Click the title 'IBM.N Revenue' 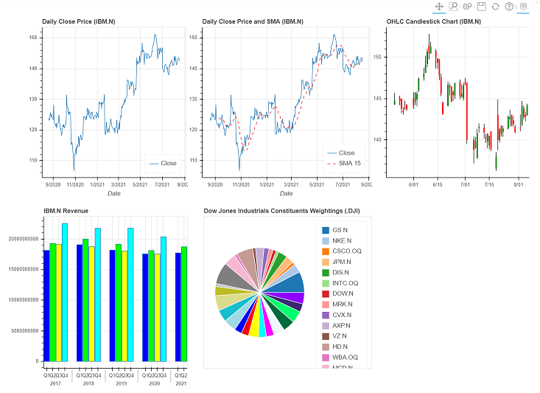tap(66, 211)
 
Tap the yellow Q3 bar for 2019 tap(125, 306)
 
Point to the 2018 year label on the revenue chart tap(88, 383)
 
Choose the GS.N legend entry tap(340, 231)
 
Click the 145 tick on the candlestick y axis tap(379, 98)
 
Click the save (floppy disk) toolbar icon tap(481, 7)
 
